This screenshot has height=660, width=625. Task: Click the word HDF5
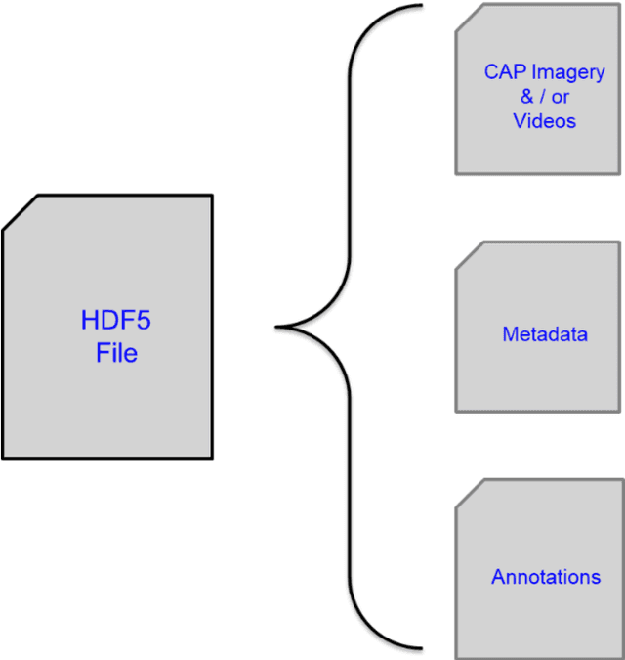coord(115,321)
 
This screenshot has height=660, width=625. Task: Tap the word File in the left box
coord(116,353)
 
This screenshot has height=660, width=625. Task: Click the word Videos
coord(544,121)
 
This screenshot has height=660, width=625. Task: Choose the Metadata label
coord(545,334)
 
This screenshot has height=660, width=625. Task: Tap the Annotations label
coord(546,577)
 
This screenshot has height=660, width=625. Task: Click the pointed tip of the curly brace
coord(278,327)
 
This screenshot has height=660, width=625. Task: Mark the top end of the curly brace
coord(420,5)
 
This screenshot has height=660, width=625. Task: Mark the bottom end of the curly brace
coord(420,647)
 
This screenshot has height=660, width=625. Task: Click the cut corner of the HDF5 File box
coord(20,212)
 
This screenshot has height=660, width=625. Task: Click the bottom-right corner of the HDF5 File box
coord(212,457)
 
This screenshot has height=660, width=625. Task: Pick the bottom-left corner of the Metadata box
coord(456,412)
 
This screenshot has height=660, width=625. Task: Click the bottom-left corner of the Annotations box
coord(456,657)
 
